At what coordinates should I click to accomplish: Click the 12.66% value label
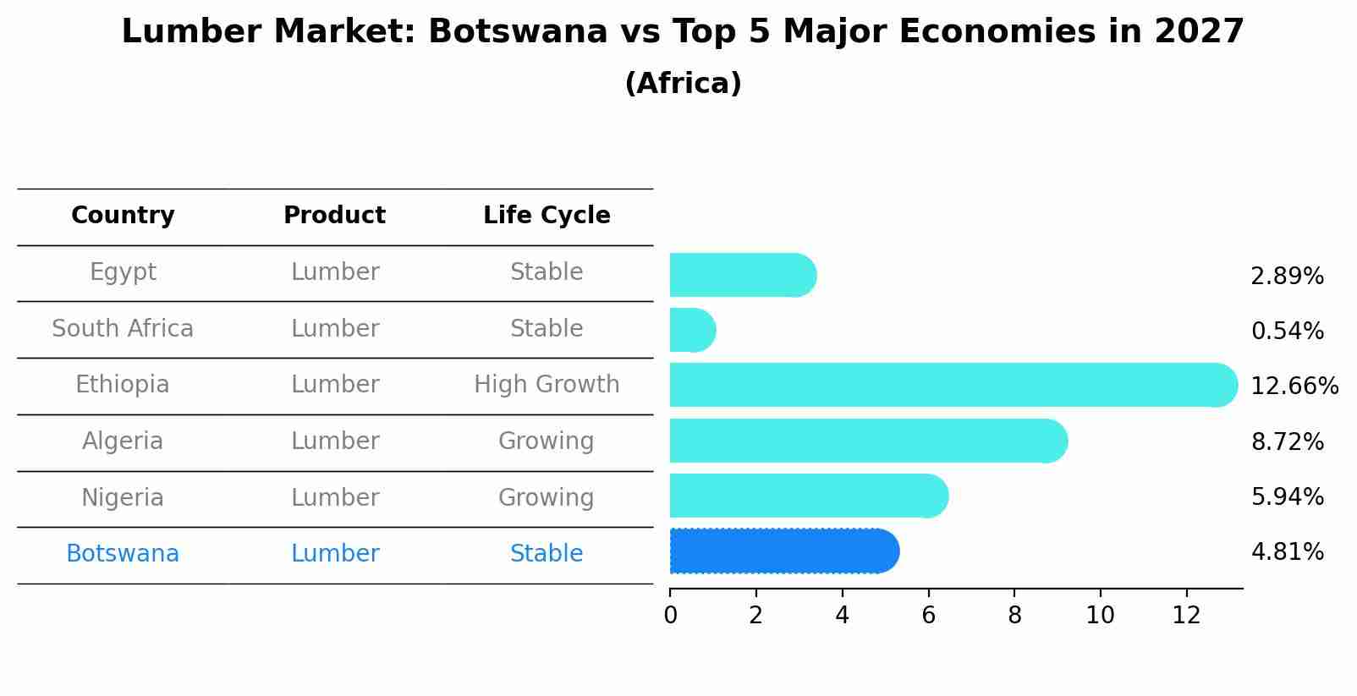1294,386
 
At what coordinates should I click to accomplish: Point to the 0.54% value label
1287,332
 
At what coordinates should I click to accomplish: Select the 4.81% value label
1287,552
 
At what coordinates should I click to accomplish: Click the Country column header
123,216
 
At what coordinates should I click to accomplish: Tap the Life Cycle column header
547,216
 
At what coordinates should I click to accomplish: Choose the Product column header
334,216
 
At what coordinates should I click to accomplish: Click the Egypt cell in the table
123,272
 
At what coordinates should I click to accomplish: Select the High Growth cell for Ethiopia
547,385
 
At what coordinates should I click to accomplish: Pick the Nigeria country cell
123,497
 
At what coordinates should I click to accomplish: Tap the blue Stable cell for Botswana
547,554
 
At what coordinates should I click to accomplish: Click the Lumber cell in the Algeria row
334,441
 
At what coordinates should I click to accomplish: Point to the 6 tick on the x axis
928,616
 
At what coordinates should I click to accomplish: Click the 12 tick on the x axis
1186,616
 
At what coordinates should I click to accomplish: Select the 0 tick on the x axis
670,616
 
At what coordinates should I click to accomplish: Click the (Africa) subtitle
683,84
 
